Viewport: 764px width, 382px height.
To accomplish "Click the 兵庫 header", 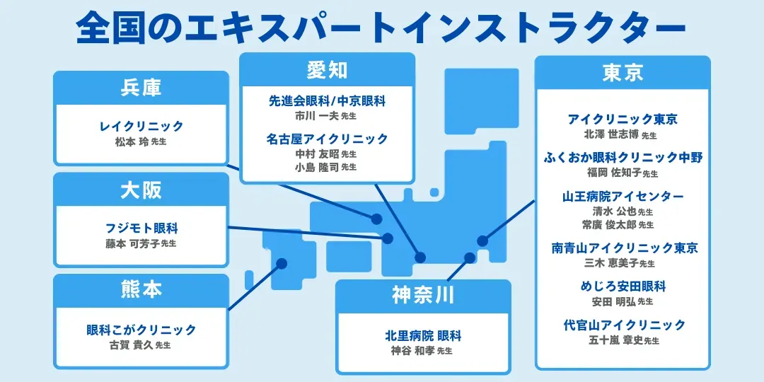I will pos(141,88).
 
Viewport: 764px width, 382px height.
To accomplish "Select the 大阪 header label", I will pos(141,190).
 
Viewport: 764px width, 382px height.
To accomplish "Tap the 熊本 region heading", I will pos(141,290).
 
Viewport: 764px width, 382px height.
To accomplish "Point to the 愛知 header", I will pos(327,70).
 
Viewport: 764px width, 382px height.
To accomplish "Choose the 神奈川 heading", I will pos(423,295).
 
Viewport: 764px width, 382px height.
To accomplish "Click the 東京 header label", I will pos(623,73).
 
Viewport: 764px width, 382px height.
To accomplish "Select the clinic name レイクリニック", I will pos(141,127).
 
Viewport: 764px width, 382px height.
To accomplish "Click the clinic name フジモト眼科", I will pos(141,228).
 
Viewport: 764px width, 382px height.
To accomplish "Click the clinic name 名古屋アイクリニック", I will pos(327,139).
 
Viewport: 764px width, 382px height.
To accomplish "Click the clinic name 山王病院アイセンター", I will pos(623,196).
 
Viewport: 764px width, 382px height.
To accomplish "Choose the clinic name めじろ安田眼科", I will pos(623,286).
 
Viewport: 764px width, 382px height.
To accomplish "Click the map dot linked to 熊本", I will pos(282,263).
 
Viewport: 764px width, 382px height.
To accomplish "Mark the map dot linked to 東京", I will pos(482,241).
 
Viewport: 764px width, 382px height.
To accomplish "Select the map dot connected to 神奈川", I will pos(469,257).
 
